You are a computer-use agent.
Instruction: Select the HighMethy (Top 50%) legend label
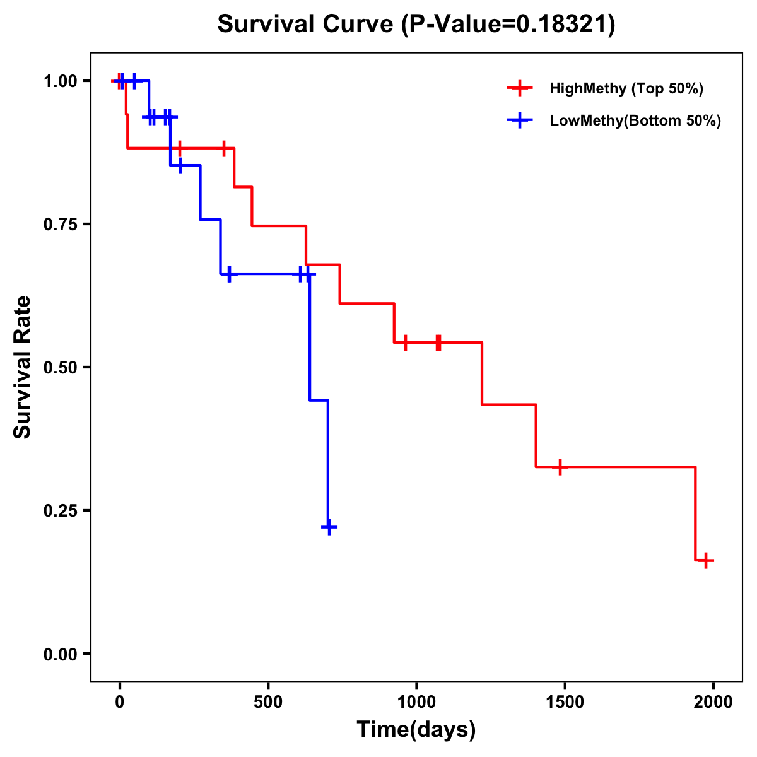(626, 88)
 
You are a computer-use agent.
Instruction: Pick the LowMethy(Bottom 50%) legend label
(635, 120)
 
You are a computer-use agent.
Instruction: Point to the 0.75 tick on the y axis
(60, 225)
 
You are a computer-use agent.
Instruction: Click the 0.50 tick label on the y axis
(60, 367)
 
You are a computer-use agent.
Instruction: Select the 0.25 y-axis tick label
(60, 510)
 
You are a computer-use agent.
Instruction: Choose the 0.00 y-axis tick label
(60, 654)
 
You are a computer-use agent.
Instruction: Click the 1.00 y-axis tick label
(60, 81)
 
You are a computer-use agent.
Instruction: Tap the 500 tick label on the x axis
(268, 703)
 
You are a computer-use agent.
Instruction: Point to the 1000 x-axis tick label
(416, 703)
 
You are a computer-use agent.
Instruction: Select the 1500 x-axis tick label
(565, 703)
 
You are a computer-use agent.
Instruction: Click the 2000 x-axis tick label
(713, 703)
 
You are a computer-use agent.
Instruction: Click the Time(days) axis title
(416, 729)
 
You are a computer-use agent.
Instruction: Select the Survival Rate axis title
(23, 367)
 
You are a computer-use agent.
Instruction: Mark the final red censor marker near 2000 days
(706, 560)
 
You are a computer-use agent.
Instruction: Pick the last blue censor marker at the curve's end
(329, 527)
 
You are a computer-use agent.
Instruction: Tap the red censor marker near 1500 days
(560, 467)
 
